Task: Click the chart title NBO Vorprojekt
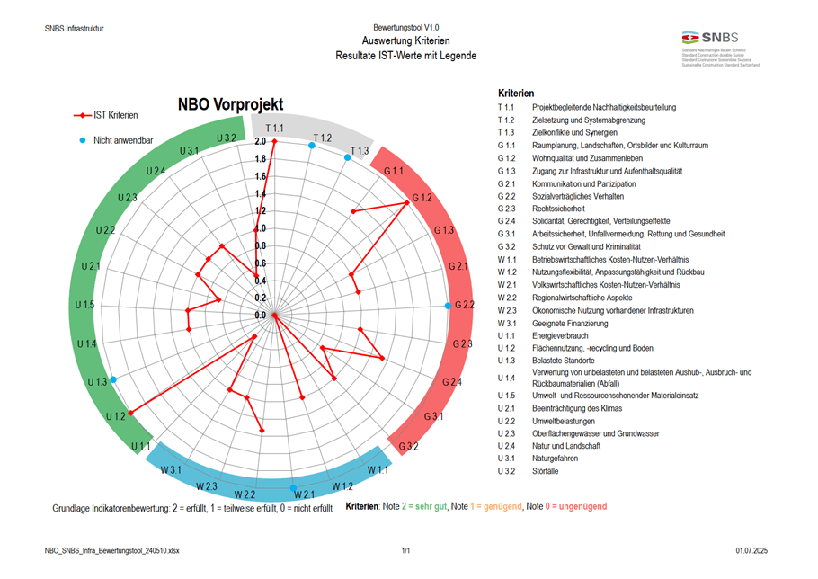229,104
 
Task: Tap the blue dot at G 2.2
449,307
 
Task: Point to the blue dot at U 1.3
112,380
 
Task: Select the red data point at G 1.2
407,203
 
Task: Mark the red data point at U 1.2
131,413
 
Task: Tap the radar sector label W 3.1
172,471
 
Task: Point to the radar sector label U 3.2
226,138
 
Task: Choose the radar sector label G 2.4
451,383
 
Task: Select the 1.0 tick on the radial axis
261,229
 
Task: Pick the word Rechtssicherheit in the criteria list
558,209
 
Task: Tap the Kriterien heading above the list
516,94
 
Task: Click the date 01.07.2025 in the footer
753,548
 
